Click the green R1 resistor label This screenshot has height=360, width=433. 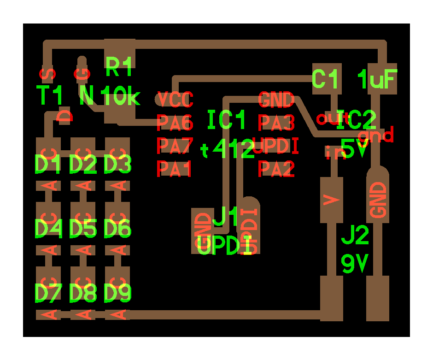[x=119, y=67]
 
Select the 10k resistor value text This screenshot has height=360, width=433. [x=120, y=97]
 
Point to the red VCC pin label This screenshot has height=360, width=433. [x=175, y=99]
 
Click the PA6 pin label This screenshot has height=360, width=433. [x=175, y=123]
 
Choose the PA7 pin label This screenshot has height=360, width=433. [x=175, y=146]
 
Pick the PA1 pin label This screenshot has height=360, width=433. [x=175, y=169]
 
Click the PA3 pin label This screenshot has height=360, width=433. [x=276, y=123]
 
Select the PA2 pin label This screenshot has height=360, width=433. [x=276, y=169]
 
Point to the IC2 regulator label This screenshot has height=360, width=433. [x=357, y=120]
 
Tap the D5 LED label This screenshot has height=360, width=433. [x=83, y=229]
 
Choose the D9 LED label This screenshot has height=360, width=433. [x=118, y=293]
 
